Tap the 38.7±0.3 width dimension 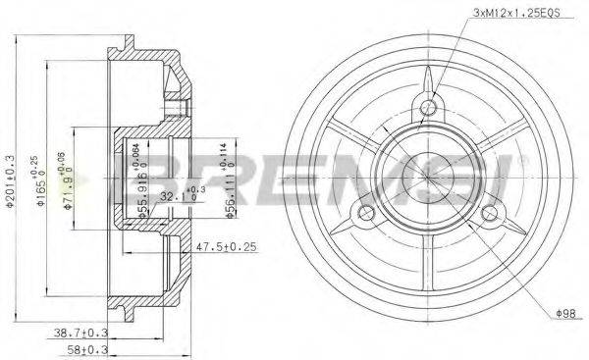81,334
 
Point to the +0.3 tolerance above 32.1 197,188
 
